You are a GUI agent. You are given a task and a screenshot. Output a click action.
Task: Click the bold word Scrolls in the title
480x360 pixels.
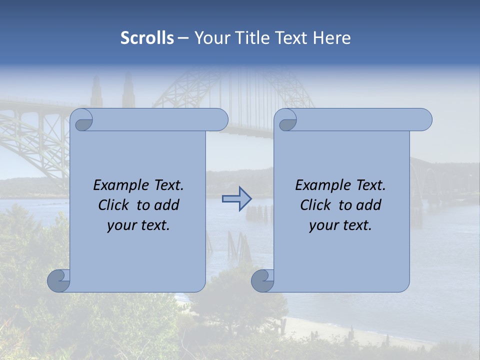(147, 38)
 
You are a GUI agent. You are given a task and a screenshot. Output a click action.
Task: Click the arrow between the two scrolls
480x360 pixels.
(236, 199)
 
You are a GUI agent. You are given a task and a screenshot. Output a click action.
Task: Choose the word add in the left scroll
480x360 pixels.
(167, 205)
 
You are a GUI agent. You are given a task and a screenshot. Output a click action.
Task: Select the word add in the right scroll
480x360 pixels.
(369, 205)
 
